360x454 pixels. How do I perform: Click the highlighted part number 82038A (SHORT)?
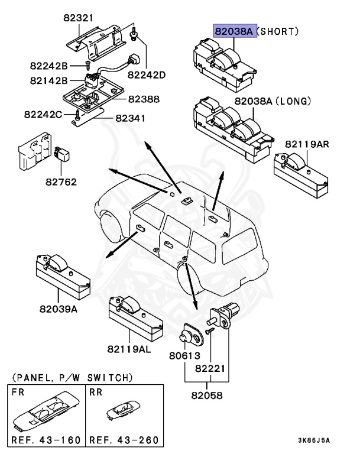pyautogui.click(x=235, y=31)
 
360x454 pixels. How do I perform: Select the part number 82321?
pyautogui.click(x=79, y=18)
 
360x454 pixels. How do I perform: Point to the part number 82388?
pyautogui.click(x=144, y=99)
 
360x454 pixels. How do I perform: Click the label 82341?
pyautogui.click(x=131, y=119)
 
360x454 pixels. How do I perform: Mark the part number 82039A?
pyautogui.click(x=58, y=307)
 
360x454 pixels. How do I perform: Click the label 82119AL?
pyautogui.click(x=129, y=349)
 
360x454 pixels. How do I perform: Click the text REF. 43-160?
pyautogui.click(x=45, y=440)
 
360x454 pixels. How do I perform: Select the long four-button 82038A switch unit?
pyautogui.click(x=231, y=124)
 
